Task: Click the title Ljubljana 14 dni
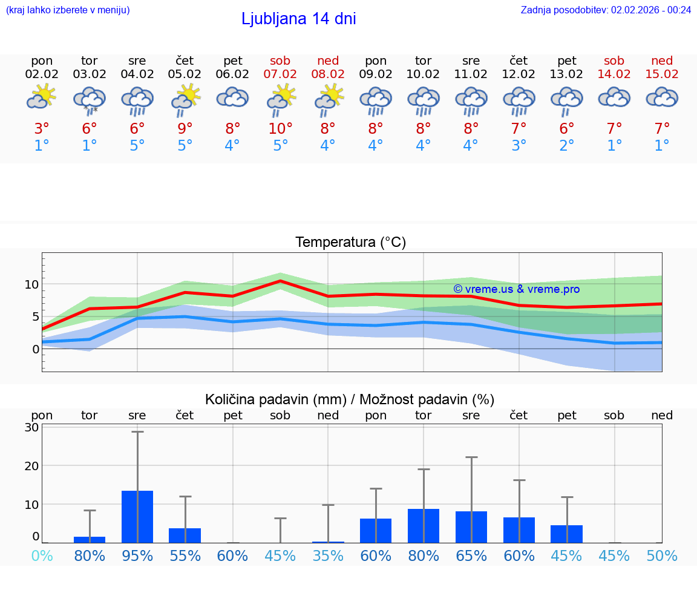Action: (298, 19)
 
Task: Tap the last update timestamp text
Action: (606, 10)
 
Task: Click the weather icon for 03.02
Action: (90, 100)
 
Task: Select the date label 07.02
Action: (280, 74)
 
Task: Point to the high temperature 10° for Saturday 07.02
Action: (280, 128)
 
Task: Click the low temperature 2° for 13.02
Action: (567, 146)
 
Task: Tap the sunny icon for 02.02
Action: (42, 97)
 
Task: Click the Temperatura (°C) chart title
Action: (350, 243)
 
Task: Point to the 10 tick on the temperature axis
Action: (32, 284)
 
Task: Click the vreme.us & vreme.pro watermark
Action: (516, 289)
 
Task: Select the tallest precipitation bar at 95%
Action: (137, 517)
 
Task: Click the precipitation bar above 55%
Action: (185, 536)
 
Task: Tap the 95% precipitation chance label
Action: (137, 556)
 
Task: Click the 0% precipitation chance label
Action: (42, 556)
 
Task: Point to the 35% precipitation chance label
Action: (328, 556)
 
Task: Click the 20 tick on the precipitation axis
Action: (32, 466)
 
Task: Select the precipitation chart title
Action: (350, 399)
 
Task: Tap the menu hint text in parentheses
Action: (68, 10)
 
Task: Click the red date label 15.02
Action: (662, 74)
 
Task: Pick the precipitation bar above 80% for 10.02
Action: (424, 526)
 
